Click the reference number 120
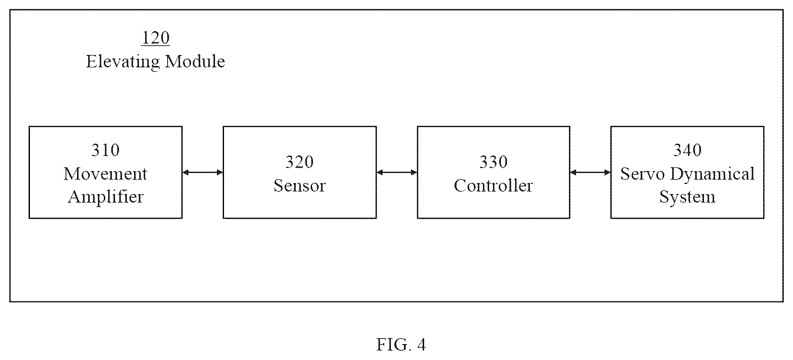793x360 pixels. tap(155, 38)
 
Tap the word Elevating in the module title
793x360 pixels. tap(123, 62)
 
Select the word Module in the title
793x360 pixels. tap(195, 61)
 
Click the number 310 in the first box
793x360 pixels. tap(106, 151)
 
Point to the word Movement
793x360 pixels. tap(106, 174)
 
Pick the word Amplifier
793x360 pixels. tap(106, 197)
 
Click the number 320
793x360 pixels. tap(300, 162)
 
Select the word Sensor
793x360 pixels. tap(300, 185)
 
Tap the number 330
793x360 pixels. tap(493, 162)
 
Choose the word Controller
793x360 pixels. tap(493, 185)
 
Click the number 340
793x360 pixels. tap(687, 151)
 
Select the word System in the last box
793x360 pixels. tap(687, 197)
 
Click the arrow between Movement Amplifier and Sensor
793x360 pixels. tap(203, 173)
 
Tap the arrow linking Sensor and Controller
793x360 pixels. tap(397, 173)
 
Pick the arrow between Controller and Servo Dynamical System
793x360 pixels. tap(590, 173)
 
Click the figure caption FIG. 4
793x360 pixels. tap(401, 345)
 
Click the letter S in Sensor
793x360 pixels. tap(278, 185)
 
